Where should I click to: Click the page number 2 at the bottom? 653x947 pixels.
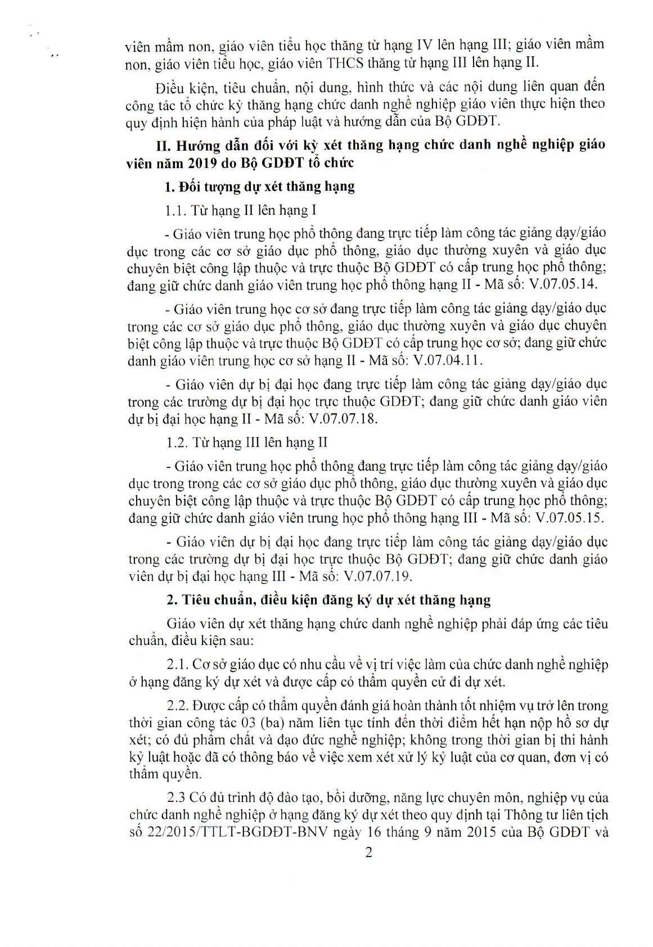coord(368,853)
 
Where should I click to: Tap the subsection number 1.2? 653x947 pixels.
coord(176,443)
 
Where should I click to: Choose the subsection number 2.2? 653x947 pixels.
coord(178,705)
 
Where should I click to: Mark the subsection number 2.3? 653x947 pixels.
coord(176,797)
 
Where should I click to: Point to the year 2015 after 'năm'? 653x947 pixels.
coord(481,832)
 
